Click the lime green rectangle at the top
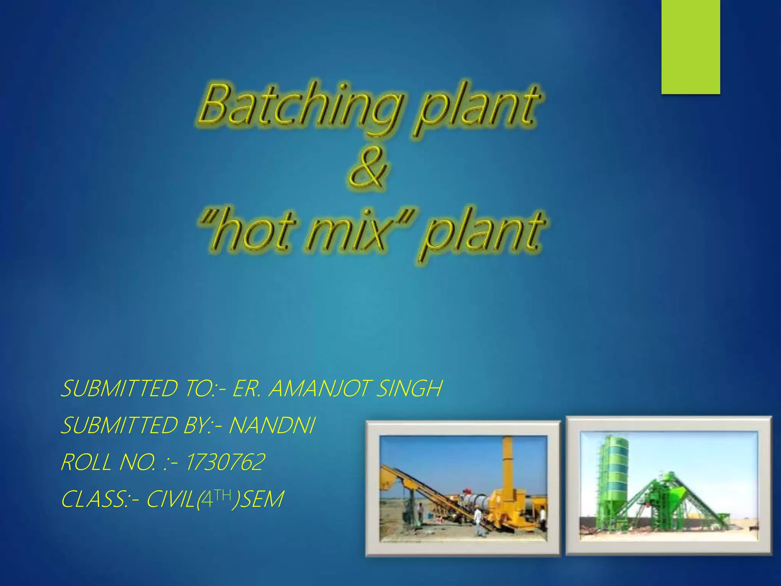pyautogui.click(x=691, y=46)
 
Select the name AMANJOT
pyautogui.click(x=320, y=389)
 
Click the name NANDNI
pyautogui.click(x=272, y=425)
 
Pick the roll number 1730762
pyautogui.click(x=225, y=462)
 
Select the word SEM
pyautogui.click(x=263, y=499)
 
